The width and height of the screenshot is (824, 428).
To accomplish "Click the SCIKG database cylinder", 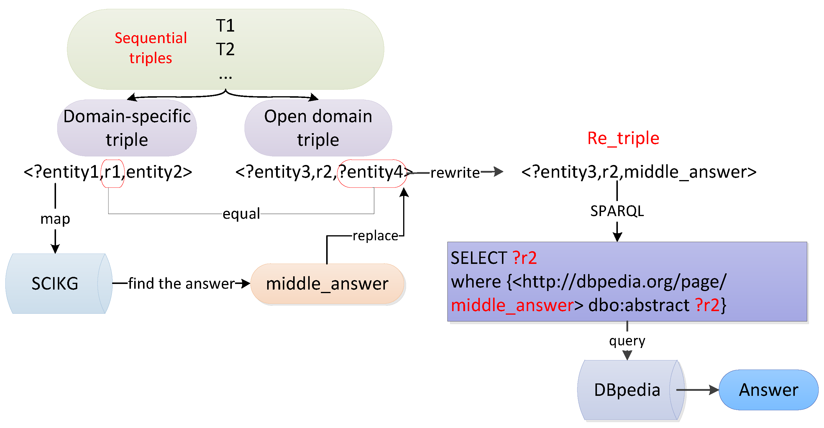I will (x=55, y=284).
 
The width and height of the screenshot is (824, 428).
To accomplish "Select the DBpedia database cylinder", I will (x=627, y=390).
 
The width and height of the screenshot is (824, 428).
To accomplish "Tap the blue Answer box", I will (x=768, y=390).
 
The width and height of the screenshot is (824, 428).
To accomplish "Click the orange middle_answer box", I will (x=327, y=284).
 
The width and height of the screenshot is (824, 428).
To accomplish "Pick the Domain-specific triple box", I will (x=127, y=128).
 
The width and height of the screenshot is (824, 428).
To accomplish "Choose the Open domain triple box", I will (x=318, y=128).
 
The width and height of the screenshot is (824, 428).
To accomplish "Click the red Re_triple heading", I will (x=623, y=138).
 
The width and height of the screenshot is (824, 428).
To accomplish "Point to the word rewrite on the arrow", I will (x=455, y=173).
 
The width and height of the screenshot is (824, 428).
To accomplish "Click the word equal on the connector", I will (x=241, y=213).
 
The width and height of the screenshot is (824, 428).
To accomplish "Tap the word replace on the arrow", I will (x=375, y=236).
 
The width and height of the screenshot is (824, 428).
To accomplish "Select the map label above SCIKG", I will (x=55, y=219).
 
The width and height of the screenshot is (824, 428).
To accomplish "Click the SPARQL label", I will (x=617, y=211).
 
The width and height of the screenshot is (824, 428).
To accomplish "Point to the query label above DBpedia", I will (x=627, y=341).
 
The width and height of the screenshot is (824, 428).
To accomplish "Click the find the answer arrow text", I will (x=181, y=284).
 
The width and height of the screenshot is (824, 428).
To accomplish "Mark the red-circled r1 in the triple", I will (x=113, y=172).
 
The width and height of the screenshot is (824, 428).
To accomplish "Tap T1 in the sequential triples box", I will (x=225, y=26).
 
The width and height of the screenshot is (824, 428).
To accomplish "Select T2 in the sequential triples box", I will (x=225, y=49).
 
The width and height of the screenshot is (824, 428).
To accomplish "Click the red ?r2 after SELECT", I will (x=524, y=258).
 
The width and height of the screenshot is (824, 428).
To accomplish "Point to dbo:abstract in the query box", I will (x=638, y=305).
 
